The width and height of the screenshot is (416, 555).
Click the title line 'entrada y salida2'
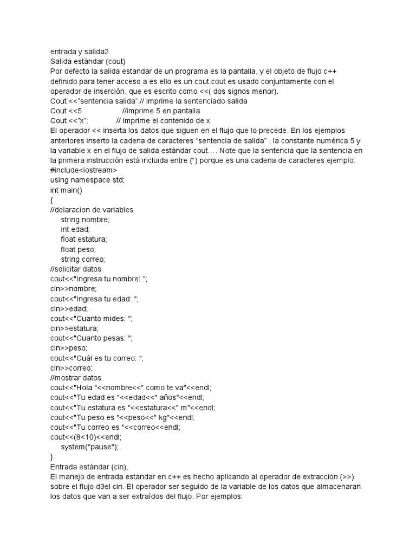pyautogui.click(x=79, y=51)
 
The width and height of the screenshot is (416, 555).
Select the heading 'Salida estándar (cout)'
pyautogui.click(x=88, y=61)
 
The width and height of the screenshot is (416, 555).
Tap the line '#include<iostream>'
pyautogui.click(x=83, y=170)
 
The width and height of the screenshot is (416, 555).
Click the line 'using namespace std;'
pyautogui.click(x=87, y=180)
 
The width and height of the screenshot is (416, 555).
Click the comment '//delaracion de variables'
pyautogui.click(x=92, y=210)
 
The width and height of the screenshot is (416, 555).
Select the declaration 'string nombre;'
pyautogui.click(x=85, y=220)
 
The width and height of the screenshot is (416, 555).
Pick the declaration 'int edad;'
pyautogui.click(x=75, y=229)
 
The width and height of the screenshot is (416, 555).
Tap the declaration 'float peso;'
pyautogui.click(x=78, y=249)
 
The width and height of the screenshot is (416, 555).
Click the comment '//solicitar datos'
pyautogui.click(x=75, y=269)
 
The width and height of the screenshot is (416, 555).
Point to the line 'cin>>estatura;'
pyautogui.click(x=74, y=328)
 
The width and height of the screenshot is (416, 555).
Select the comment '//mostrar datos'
pyautogui.click(x=75, y=378)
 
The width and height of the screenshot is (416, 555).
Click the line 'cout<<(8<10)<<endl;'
pyautogui.click(x=86, y=437)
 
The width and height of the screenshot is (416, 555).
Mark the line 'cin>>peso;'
pyautogui.click(x=68, y=348)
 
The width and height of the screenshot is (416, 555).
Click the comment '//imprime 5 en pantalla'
pyautogui.click(x=161, y=111)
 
